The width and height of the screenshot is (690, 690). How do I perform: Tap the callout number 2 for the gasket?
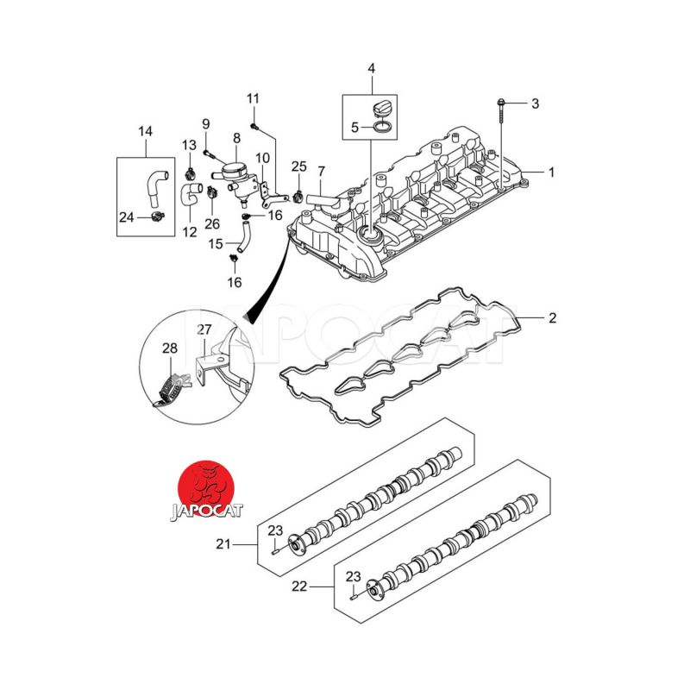click(x=552, y=318)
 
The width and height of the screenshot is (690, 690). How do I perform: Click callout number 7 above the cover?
click(x=321, y=172)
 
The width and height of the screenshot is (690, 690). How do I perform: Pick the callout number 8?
click(x=236, y=138)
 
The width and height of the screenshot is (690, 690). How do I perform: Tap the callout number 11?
click(x=253, y=97)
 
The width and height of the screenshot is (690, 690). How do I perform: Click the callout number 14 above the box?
click(x=145, y=131)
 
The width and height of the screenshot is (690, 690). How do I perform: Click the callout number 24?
click(x=126, y=216)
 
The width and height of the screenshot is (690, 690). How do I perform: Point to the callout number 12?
click(x=190, y=232)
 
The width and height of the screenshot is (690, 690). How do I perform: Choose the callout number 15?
click(x=216, y=244)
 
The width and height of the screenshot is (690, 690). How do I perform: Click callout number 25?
click(x=298, y=166)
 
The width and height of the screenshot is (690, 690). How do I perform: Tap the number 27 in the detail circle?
click(x=204, y=329)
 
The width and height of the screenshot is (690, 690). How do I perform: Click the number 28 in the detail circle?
click(x=170, y=348)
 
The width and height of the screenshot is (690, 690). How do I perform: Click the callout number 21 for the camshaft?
click(x=224, y=544)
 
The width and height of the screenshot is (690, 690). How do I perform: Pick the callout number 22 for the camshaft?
click(x=299, y=586)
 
